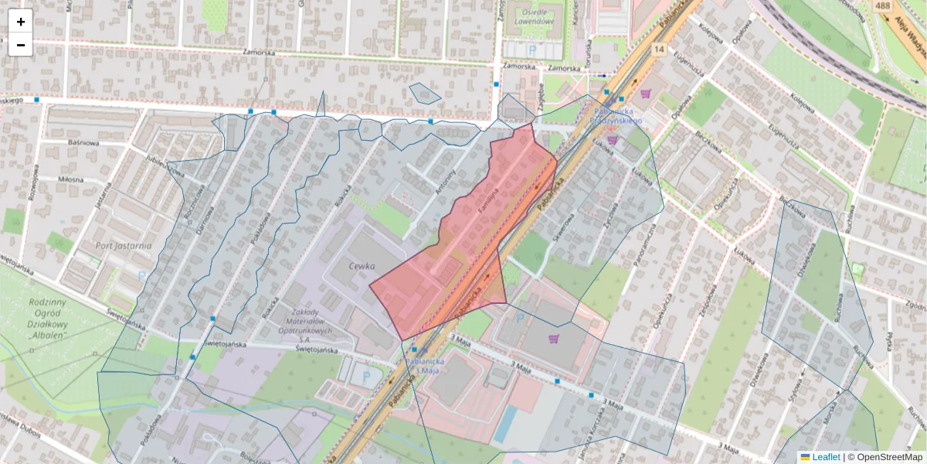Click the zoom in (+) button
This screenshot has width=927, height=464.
click(x=21, y=21)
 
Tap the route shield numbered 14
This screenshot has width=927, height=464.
click(x=658, y=49)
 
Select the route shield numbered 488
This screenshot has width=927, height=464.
click(x=883, y=5)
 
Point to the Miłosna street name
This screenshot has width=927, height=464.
click(x=70, y=179)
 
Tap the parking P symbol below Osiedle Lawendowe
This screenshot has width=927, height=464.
click(x=531, y=49)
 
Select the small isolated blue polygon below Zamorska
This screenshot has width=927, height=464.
click(x=424, y=93)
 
